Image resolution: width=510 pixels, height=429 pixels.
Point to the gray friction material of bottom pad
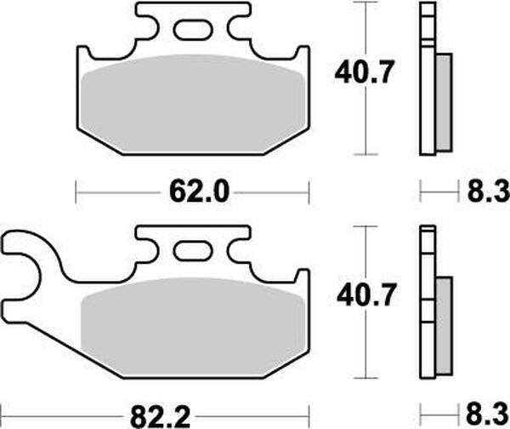pyautogui.click(x=193, y=328)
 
